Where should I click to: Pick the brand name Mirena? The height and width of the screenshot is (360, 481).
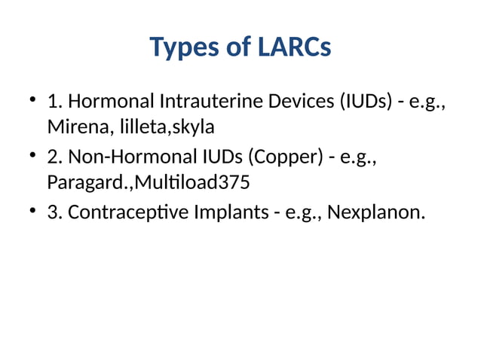pos(77,126)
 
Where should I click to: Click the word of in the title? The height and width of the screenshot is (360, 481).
pos(237,47)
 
